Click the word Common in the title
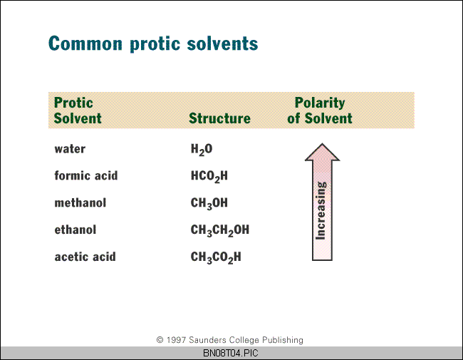[x=85, y=43]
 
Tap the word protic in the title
[x=155, y=44]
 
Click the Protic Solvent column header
[x=78, y=110]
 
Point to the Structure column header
[x=219, y=118]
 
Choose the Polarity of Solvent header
[x=320, y=110]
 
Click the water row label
[x=70, y=149]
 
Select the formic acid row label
[x=86, y=175]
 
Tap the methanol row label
[x=80, y=202]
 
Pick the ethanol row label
[x=76, y=230]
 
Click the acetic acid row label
[x=85, y=257]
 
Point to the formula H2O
[x=202, y=150]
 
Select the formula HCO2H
[x=209, y=177]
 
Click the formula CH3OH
[x=209, y=204]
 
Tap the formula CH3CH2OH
[x=220, y=230]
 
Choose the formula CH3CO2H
[x=216, y=257]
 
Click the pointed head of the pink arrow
[x=322, y=144]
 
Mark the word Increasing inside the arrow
[x=321, y=211]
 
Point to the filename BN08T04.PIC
[x=231, y=353]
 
